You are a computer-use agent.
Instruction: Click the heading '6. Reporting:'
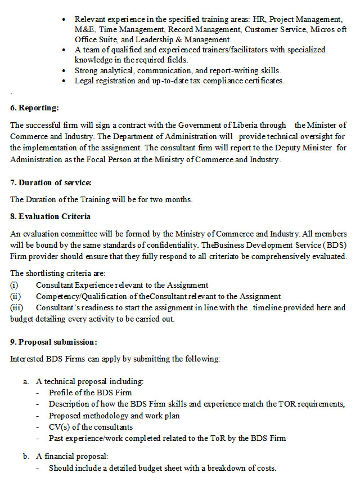[34, 108]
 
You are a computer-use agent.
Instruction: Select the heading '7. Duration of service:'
[51, 182]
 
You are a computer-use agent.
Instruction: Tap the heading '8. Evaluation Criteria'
[51, 216]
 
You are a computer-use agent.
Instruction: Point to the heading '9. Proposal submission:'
[53, 342]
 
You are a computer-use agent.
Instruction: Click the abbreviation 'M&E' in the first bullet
[85, 30]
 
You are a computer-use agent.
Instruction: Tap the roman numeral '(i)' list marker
[15, 285]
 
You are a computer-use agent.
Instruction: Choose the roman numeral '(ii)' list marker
[16, 296]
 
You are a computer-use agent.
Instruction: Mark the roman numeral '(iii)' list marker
[17, 307]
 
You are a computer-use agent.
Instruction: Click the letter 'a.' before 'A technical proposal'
[26, 381]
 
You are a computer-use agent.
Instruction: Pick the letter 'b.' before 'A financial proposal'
[26, 456]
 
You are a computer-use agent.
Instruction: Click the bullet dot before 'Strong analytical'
[67, 71]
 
